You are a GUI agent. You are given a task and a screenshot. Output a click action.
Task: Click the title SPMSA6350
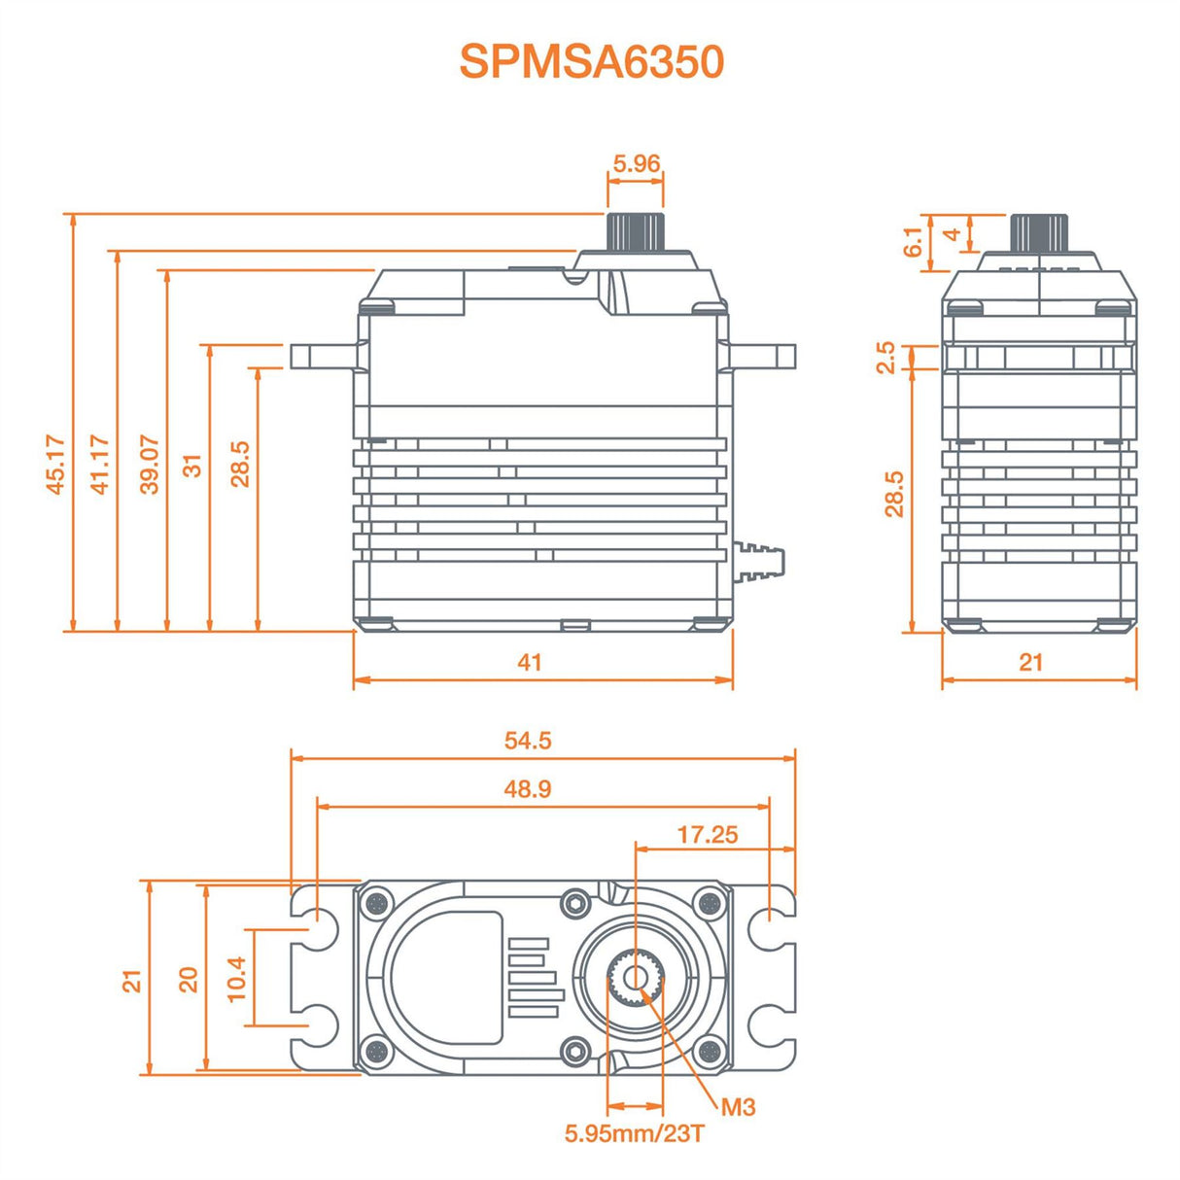(x=591, y=61)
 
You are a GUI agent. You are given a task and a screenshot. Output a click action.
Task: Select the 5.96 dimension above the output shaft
(x=636, y=163)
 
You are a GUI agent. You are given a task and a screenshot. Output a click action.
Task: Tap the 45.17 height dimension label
(x=56, y=465)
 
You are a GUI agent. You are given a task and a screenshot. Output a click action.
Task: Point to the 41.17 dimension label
(x=100, y=465)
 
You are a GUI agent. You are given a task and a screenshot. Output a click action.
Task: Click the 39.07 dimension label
(x=149, y=465)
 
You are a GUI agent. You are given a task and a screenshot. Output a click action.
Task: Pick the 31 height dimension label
(x=194, y=465)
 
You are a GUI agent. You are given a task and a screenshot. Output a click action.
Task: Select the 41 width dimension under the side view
(x=529, y=662)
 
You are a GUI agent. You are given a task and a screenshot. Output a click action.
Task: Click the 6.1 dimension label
(x=913, y=242)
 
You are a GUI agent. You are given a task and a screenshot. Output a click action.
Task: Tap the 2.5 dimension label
(x=885, y=357)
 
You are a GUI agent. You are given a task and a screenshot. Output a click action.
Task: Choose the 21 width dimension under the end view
(x=1030, y=662)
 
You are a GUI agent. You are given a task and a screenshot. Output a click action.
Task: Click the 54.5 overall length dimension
(x=528, y=741)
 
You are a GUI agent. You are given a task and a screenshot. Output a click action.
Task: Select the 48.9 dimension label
(x=528, y=788)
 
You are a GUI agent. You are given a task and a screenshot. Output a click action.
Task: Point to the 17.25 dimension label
(x=708, y=835)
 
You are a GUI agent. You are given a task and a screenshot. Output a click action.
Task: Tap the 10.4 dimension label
(x=236, y=978)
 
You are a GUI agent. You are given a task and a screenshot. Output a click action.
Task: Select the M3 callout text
(x=738, y=1107)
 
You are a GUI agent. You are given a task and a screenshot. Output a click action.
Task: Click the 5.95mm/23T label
(x=634, y=1133)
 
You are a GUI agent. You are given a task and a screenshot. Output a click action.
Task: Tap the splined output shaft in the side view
(x=636, y=231)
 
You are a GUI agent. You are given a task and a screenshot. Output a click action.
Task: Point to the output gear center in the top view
(x=636, y=978)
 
